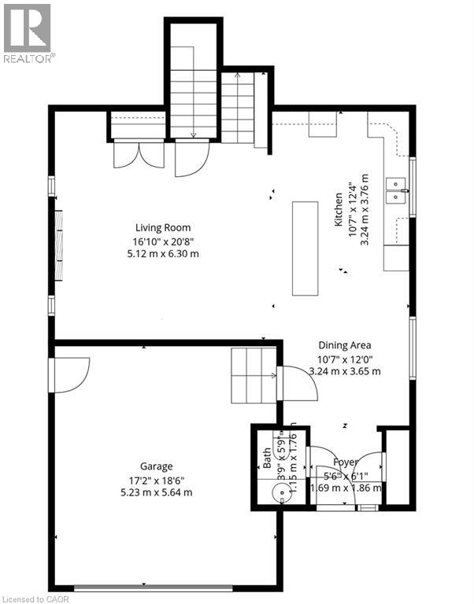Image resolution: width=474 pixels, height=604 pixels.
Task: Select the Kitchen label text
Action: pos(339,209)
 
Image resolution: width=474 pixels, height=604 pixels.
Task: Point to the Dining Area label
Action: pos(345,344)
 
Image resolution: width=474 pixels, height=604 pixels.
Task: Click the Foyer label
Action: pos(345,462)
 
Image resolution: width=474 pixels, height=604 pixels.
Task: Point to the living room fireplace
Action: pos(57,244)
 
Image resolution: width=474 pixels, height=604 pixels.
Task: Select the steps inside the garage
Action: pos(252,376)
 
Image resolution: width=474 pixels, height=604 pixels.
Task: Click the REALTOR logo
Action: pos(28,33)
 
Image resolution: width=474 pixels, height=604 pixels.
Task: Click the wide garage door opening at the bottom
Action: pos(154,586)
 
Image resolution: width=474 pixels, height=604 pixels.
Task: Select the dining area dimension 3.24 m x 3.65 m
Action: pos(345,370)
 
